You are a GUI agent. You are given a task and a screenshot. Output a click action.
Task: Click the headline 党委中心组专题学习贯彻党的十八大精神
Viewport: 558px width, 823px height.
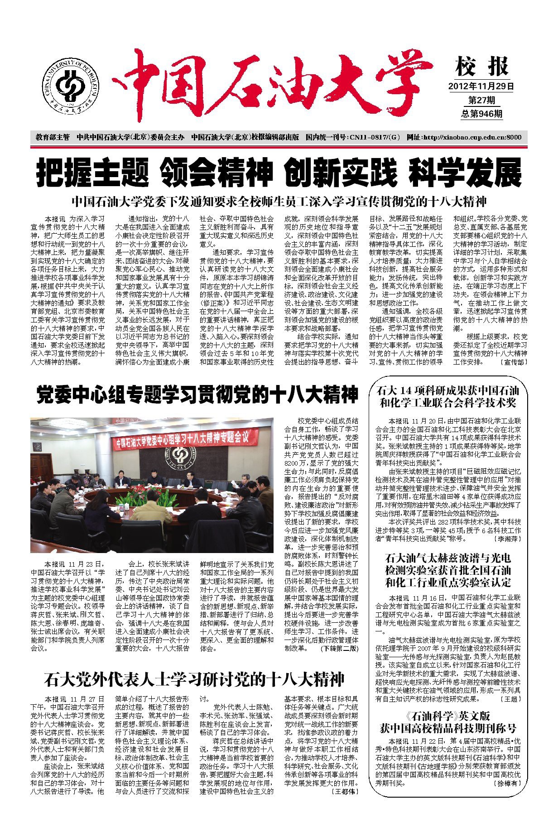click(197, 394)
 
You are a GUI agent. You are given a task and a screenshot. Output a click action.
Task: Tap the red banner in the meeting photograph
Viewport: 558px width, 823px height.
click(182, 439)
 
